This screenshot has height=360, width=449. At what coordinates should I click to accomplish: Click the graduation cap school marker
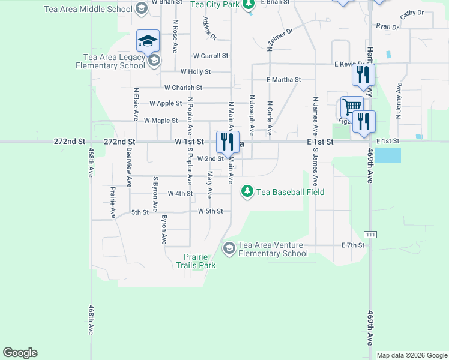click(x=148, y=41)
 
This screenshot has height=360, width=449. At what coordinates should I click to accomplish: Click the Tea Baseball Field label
click(x=291, y=192)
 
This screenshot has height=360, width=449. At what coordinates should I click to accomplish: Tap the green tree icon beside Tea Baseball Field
click(x=246, y=191)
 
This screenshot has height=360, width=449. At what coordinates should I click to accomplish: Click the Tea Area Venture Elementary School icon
click(x=229, y=248)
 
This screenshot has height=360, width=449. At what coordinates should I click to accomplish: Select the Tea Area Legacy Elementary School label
click(x=110, y=62)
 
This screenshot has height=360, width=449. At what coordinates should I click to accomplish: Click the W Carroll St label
click(x=211, y=56)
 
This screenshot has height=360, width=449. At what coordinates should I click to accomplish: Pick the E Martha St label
click(x=284, y=80)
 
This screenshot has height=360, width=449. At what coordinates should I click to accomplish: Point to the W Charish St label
click(x=187, y=88)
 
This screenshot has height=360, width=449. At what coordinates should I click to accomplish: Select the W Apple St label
click(x=166, y=103)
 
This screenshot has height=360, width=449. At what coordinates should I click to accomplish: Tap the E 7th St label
click(x=353, y=245)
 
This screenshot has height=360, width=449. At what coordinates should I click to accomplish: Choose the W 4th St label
click(x=180, y=194)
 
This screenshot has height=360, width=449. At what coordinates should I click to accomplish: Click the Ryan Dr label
click(x=387, y=26)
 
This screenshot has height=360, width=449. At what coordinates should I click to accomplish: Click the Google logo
click(x=20, y=353)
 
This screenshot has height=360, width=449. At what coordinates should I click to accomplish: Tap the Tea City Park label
click(x=215, y=4)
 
